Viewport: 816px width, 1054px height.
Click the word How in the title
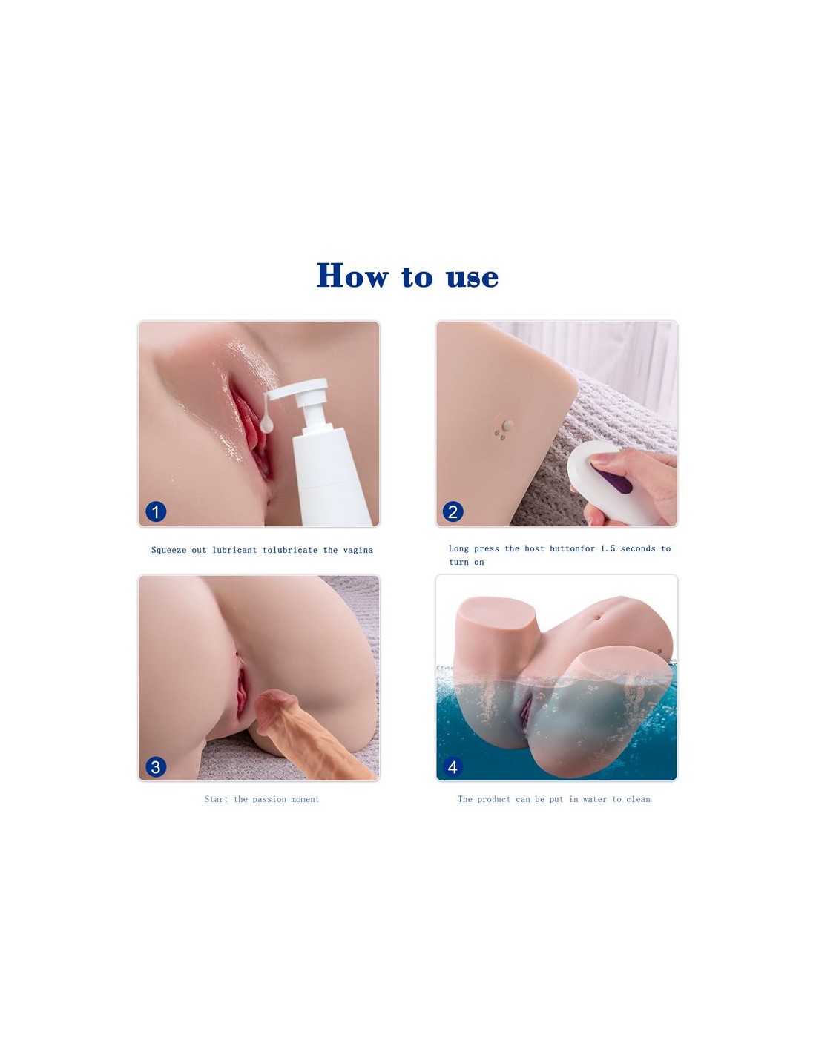tap(352, 276)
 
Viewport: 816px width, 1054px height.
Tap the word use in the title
tap(472, 277)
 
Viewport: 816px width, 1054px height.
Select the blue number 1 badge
tap(156, 511)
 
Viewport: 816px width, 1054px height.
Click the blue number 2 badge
tap(453, 511)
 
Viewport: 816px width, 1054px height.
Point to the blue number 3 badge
tap(156, 767)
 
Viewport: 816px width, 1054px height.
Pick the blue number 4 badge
tap(453, 767)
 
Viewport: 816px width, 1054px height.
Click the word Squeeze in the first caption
tap(169, 550)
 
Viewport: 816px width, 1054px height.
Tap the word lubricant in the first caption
tap(234, 549)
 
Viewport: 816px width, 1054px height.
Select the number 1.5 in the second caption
tap(608, 548)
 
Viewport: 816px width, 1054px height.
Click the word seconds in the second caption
tap(638, 548)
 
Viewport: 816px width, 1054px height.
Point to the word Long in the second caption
tap(458, 548)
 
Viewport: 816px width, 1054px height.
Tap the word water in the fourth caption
tap(595, 799)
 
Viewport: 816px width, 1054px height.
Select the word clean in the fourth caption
tap(638, 799)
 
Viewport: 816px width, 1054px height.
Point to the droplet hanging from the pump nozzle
tap(266, 425)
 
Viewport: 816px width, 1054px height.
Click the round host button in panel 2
tap(507, 425)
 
